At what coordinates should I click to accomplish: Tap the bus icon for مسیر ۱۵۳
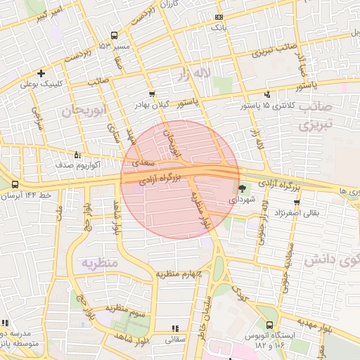[x=114, y=35]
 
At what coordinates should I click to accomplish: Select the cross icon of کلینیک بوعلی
[x=41, y=73]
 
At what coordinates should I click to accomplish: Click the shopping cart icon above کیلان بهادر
[x=152, y=94]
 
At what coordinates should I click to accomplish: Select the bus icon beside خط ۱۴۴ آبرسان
[x=15, y=184]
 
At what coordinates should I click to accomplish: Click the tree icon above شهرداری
[x=243, y=188]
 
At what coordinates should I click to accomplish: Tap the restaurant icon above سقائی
[x=174, y=328]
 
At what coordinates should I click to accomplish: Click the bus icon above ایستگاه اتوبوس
[x=270, y=325]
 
